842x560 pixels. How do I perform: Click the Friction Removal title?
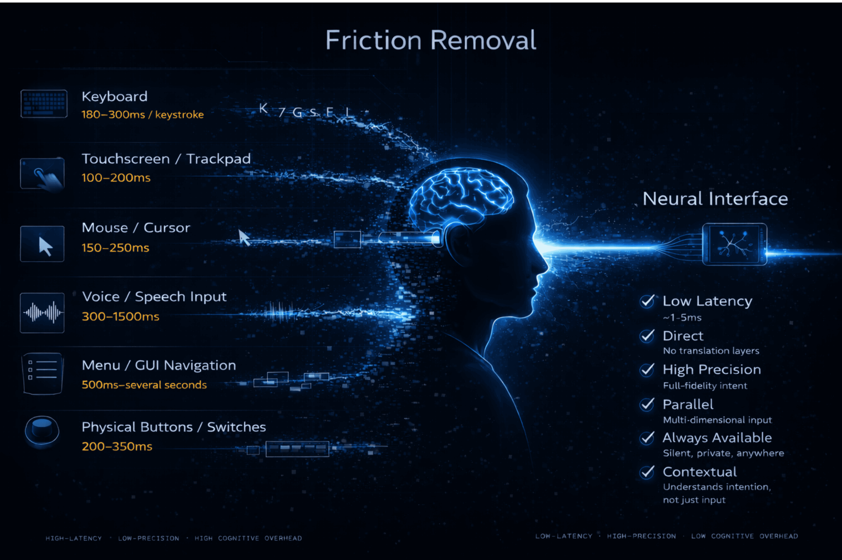[430, 40]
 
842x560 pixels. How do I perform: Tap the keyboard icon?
[44, 104]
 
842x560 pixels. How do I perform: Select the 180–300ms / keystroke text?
[142, 115]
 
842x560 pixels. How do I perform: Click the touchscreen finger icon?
[42, 174]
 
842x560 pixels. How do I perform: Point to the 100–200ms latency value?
[116, 178]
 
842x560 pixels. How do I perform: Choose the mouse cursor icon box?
[42, 244]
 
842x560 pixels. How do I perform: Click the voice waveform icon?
[42, 313]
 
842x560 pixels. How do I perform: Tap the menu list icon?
[42, 373]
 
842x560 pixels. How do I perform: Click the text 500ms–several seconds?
[144, 385]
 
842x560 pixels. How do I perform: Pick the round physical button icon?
[42, 430]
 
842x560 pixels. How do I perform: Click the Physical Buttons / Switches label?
[174, 427]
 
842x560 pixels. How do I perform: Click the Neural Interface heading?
[715, 199]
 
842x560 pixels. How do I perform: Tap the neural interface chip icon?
[734, 244]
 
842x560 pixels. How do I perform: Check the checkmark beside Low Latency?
[647, 301]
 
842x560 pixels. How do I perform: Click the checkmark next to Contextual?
[647, 472]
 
